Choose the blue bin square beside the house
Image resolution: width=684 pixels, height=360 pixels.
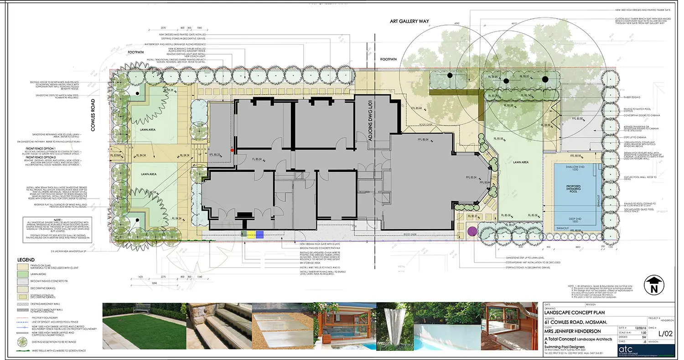point(259,235)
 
